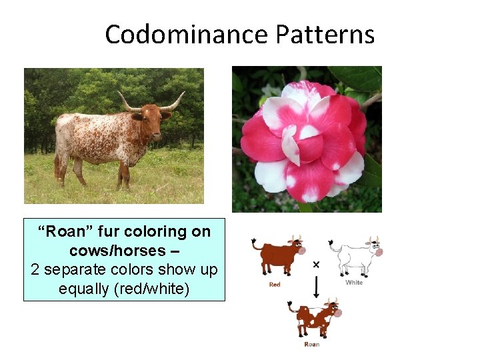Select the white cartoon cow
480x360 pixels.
pyautogui.click(x=357, y=254)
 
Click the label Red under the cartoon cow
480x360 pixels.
pyautogui.click(x=275, y=284)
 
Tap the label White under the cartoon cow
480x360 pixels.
pyautogui.click(x=354, y=283)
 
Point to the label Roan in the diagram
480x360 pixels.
pyautogui.click(x=311, y=344)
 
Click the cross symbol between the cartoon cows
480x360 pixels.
pyautogui.click(x=315, y=265)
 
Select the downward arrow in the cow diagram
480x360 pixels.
pyautogui.click(x=315, y=287)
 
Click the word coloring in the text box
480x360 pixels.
pyautogui.click(x=154, y=231)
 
